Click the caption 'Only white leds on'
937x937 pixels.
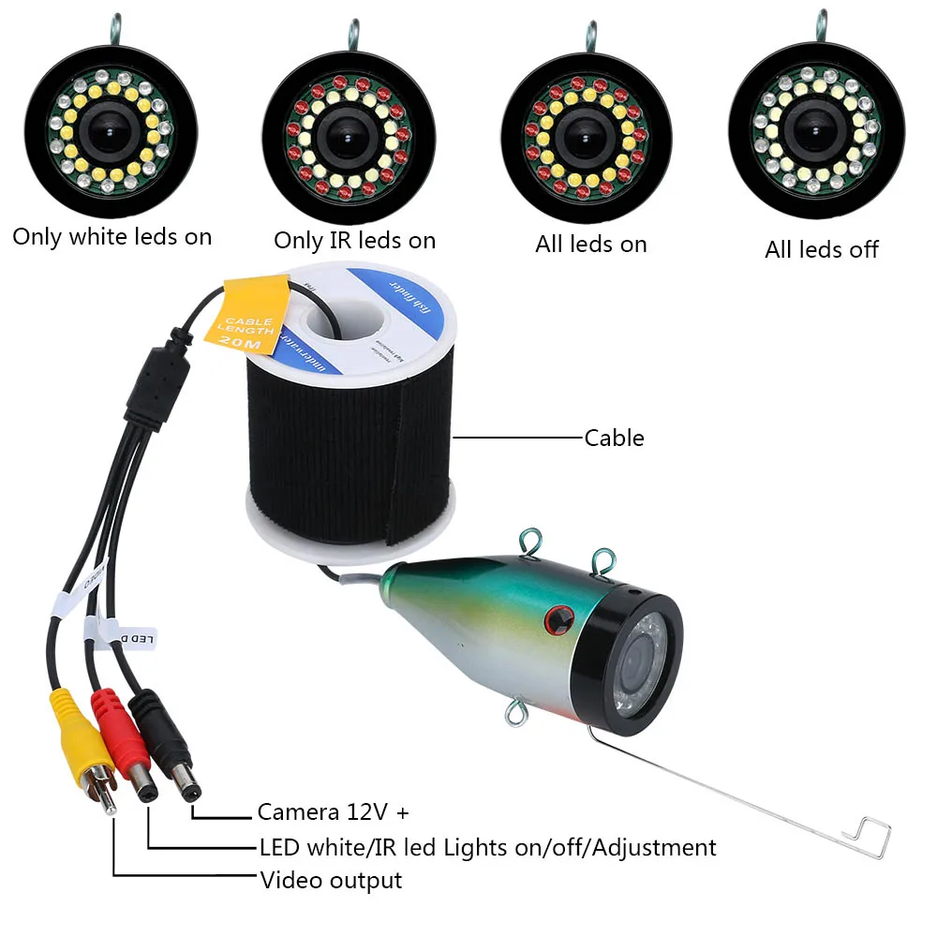click(112, 237)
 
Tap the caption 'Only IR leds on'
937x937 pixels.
click(354, 241)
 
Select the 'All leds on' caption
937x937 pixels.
click(590, 245)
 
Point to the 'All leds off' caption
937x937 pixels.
click(822, 249)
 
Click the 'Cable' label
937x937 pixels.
click(614, 438)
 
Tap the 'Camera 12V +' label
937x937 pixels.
click(333, 811)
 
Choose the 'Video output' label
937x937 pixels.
click(331, 881)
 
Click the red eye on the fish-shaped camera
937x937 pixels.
click(560, 617)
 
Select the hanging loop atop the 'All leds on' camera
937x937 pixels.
click(590, 35)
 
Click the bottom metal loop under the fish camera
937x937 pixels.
click(515, 715)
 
